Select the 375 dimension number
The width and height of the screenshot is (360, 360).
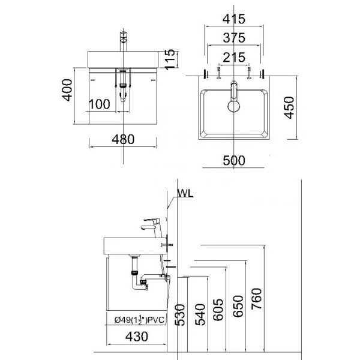point(233,37)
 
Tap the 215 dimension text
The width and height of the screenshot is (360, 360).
point(233,58)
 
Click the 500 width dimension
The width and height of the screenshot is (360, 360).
point(233,160)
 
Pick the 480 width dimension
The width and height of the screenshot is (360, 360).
point(122,139)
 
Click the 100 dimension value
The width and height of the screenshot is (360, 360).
point(99,104)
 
